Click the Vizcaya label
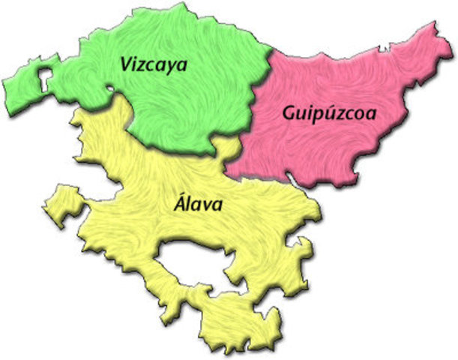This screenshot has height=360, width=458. [153, 64]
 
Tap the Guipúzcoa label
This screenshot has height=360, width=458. [329, 114]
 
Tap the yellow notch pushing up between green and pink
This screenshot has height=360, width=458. [222, 145]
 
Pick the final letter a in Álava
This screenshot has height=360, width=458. [217, 204]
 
